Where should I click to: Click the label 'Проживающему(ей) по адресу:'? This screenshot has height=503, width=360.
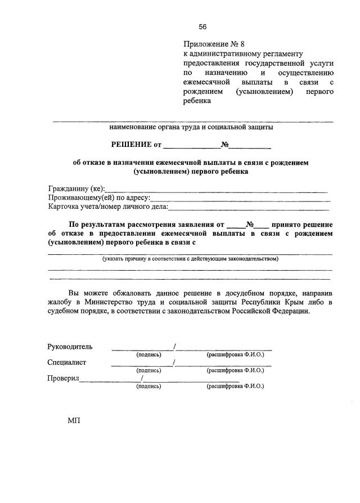pyautogui.click(x=99, y=198)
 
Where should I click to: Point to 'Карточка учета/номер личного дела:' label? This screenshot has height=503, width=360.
pyautogui.click(x=108, y=207)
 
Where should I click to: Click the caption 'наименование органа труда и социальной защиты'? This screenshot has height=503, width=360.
pyautogui.click(x=191, y=127)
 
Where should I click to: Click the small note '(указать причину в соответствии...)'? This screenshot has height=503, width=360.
pyautogui.click(x=190, y=259)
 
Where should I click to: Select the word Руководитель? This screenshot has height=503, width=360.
pyautogui.click(x=70, y=347)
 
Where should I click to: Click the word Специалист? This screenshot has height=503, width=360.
pyautogui.click(x=67, y=362)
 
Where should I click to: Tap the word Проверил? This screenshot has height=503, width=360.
pyautogui.click(x=63, y=378)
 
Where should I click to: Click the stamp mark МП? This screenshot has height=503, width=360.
pyautogui.click(x=74, y=421)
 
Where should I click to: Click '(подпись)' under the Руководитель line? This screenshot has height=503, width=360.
pyautogui.click(x=148, y=355)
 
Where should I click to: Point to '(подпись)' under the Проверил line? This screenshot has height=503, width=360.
pyautogui.click(x=148, y=387)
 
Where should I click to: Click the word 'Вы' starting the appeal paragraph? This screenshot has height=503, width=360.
pyautogui.click(x=74, y=293)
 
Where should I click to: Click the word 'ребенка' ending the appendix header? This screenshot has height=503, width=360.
pyautogui.click(x=196, y=101)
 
